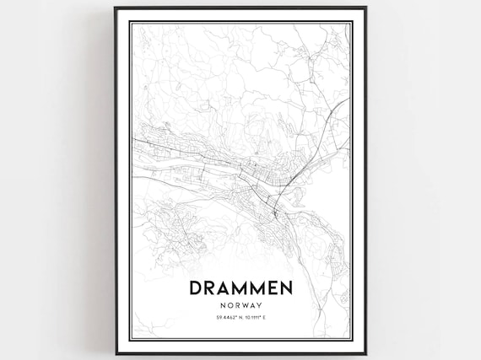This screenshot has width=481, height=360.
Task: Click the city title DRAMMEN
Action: point(240,288)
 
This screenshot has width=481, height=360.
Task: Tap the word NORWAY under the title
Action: point(240,304)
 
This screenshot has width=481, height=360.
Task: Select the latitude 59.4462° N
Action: point(226,317)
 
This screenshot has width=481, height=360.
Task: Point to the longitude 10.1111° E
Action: point(255,317)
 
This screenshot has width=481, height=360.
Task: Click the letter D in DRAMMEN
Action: point(196,288)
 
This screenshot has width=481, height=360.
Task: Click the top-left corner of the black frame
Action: point(116,8)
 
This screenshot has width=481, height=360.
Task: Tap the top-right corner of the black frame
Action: point(365,8)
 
